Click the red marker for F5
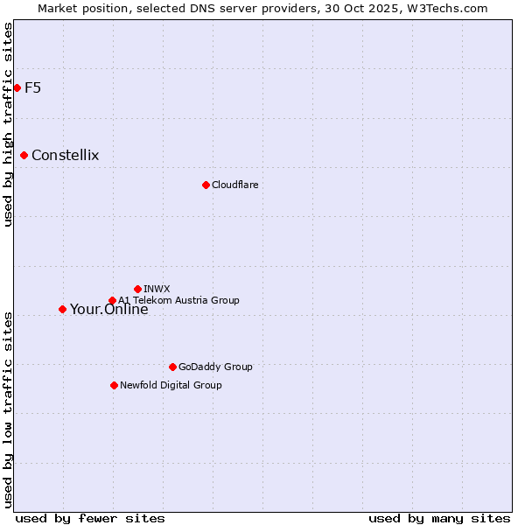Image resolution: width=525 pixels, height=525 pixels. (17, 87)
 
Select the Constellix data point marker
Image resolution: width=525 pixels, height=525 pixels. (24, 155)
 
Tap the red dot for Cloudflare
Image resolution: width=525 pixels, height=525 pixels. (206, 185)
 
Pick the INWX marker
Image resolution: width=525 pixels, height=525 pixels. (137, 289)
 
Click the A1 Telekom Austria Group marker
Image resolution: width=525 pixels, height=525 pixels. (112, 300)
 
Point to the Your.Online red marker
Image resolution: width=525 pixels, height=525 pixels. (62, 309)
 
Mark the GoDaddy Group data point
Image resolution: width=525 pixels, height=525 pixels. (172, 367)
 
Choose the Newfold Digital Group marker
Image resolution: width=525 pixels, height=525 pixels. (114, 385)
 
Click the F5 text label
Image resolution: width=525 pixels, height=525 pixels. (32, 87)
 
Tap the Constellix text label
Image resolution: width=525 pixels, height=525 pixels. (65, 156)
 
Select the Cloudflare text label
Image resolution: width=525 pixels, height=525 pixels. (234, 185)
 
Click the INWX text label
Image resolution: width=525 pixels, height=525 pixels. (157, 289)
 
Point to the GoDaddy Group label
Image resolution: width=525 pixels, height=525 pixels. (215, 367)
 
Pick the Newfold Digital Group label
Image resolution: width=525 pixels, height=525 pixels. (171, 385)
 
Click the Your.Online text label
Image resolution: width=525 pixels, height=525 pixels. (108, 310)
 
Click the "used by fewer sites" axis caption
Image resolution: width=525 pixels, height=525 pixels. (90, 518)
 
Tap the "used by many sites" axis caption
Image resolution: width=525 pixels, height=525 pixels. (439, 518)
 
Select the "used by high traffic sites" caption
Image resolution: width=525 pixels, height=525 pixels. (8, 124)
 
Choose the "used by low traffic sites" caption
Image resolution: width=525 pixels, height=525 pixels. (8, 409)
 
